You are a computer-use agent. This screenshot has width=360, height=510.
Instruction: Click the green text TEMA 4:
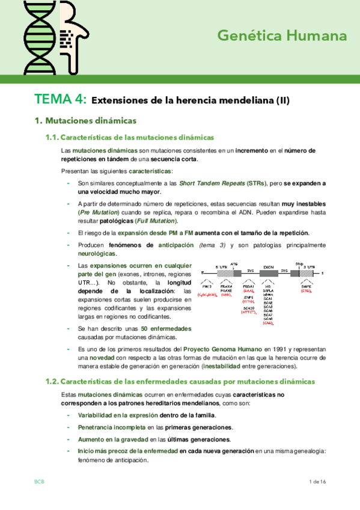pyautogui.click(x=60, y=99)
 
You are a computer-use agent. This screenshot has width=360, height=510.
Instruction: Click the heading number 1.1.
pyautogui.click(x=52, y=137)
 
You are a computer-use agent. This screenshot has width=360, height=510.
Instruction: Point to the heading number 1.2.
pyautogui.click(x=52, y=381)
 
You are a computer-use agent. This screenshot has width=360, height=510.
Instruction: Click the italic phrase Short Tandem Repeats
pyautogui.click(x=204, y=183)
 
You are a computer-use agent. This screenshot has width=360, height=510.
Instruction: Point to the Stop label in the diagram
pyautogui.click(x=299, y=263)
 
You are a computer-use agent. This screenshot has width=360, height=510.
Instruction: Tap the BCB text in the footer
pyautogui.click(x=39, y=482)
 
